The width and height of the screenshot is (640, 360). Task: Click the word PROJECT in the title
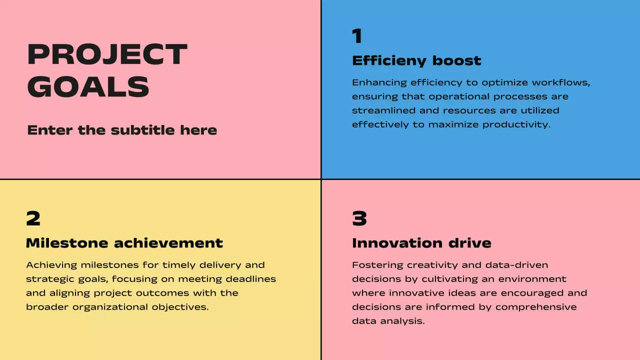point(107,54)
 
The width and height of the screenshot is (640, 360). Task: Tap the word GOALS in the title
point(88,87)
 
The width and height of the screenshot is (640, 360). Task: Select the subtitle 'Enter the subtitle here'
point(122,130)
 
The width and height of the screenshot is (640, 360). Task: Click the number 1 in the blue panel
point(357,36)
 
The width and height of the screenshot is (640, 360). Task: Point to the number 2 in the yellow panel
point(33,219)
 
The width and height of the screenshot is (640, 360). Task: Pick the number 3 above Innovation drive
point(359,219)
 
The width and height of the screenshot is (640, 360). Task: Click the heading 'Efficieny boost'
point(416,61)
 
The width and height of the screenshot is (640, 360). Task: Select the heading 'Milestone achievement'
point(124,243)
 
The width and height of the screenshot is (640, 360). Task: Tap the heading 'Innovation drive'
point(421,243)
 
